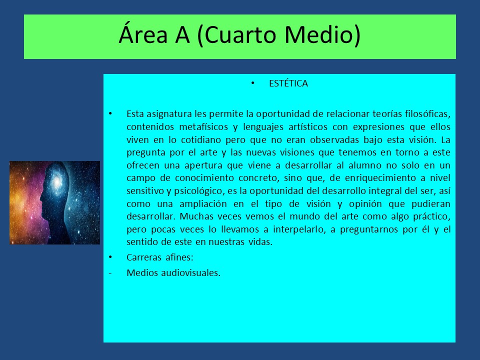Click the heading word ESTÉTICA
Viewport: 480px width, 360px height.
point(288,83)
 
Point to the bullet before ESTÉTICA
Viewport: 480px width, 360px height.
point(252,83)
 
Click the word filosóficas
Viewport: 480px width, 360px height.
point(427,114)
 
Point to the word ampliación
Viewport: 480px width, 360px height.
point(203,204)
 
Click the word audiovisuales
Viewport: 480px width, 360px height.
point(190,272)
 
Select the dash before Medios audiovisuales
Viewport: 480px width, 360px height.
point(110,273)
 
